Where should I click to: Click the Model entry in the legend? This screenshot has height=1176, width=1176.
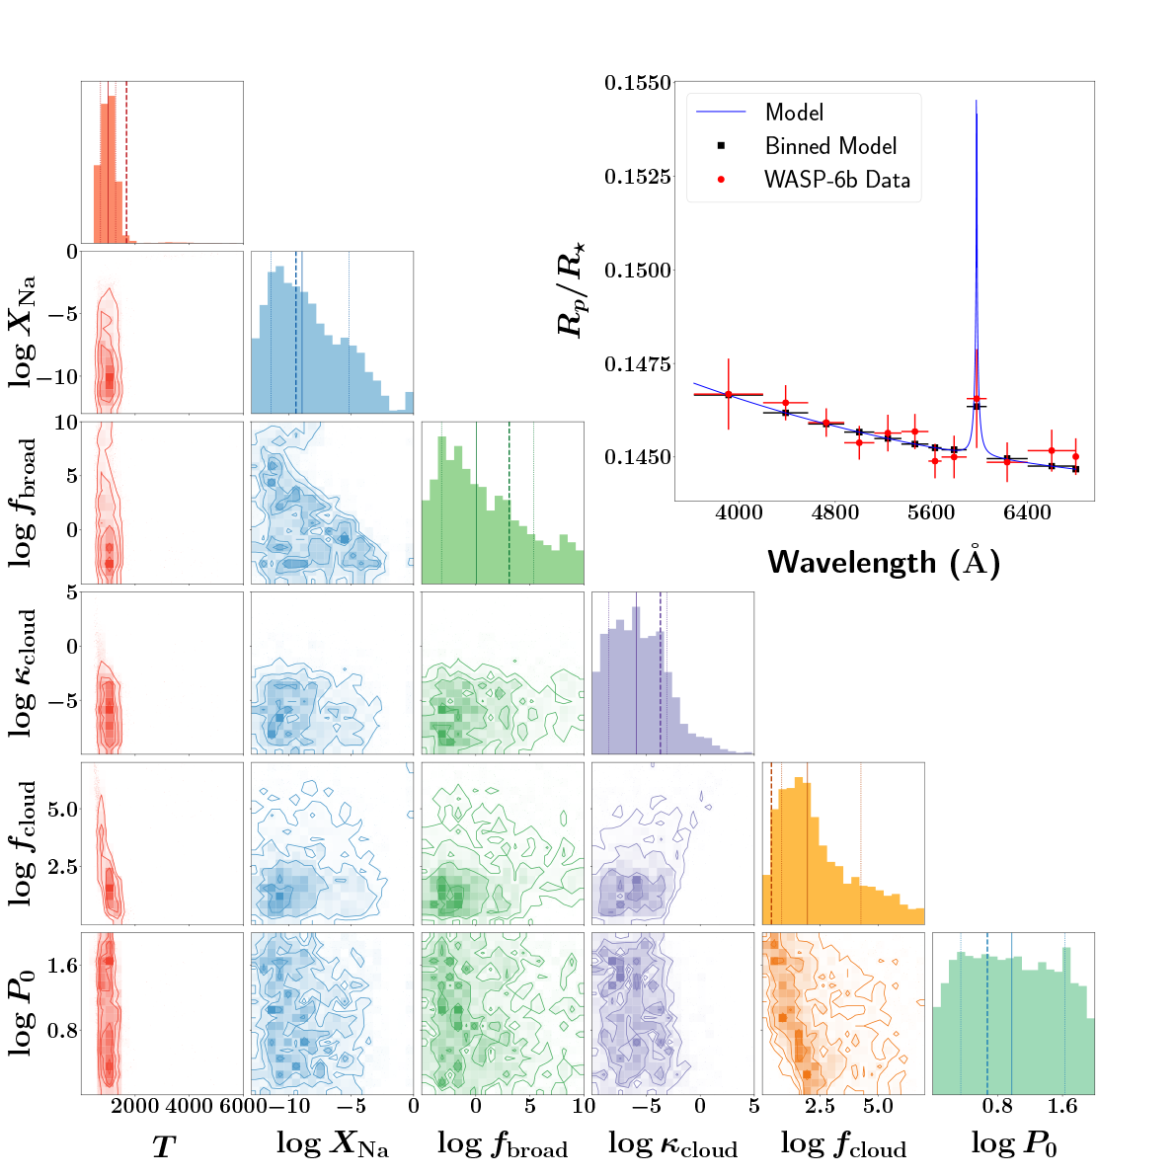point(794,113)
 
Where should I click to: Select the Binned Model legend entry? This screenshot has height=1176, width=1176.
point(830,146)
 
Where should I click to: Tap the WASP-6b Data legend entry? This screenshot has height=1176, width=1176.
point(836,181)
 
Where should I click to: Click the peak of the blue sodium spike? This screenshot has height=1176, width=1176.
point(976,101)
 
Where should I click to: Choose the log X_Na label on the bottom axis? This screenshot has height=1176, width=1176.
point(332,1144)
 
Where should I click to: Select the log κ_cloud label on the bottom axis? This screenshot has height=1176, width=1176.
point(672,1144)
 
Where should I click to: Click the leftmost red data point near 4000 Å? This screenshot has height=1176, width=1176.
point(728,394)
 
